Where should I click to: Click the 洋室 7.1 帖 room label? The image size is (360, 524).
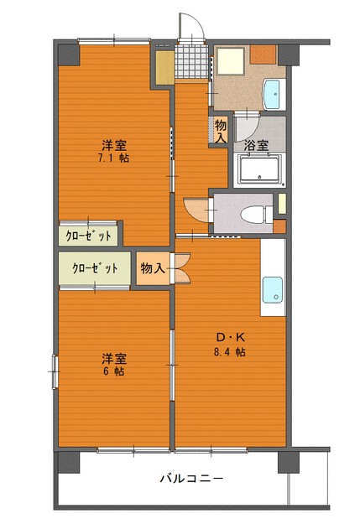pyautogui.click(x=114, y=152)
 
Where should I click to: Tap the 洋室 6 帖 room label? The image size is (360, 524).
pyautogui.click(x=114, y=365)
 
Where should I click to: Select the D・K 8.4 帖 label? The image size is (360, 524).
pyautogui.click(x=230, y=345)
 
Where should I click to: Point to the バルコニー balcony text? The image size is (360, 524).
pyautogui.click(x=191, y=479)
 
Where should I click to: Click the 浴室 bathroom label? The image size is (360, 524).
pyautogui.click(x=256, y=145)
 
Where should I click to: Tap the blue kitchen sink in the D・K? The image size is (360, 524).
pyautogui.click(x=272, y=290)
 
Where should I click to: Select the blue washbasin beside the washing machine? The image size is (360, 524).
pyautogui.click(x=272, y=94)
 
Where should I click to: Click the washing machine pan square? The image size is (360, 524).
pyautogui.click(x=230, y=60)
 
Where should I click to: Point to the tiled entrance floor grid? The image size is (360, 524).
pyautogui.click(x=191, y=61)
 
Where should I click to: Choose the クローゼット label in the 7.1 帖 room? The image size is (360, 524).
pyautogui.click(x=89, y=236)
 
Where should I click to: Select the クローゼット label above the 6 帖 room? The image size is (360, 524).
pyautogui.click(x=95, y=268)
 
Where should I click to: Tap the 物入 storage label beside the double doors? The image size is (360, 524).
pyautogui.click(x=153, y=268)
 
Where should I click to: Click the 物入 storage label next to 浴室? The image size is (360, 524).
pyautogui.click(x=221, y=131)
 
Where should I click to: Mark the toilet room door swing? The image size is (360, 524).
pyautogui.click(x=196, y=210)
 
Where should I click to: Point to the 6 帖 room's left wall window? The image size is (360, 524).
pyautogui.click(x=55, y=371)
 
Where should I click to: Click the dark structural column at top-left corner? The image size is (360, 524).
pyautogui.click(x=69, y=55)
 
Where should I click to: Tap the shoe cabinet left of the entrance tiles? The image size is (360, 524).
pyautogui.click(x=165, y=68)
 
